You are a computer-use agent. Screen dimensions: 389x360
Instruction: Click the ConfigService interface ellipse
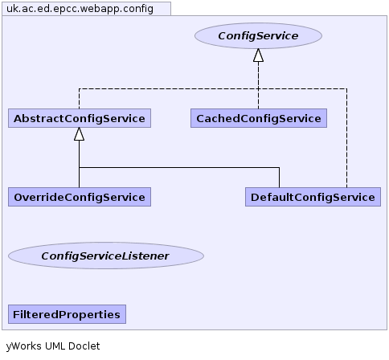pyautogui.click(x=258, y=36)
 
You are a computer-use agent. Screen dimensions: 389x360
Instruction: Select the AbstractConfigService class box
pyautogui.click(x=80, y=118)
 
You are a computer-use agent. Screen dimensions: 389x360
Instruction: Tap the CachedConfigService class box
pyautogui.click(x=259, y=118)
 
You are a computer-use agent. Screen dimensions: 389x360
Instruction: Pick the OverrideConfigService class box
pyautogui.click(x=80, y=197)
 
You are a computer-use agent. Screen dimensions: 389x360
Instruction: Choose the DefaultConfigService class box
pyautogui.click(x=313, y=197)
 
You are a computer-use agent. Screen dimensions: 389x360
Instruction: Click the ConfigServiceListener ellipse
pyautogui.click(x=106, y=256)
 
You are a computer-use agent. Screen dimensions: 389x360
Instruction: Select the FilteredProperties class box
pyautogui.click(x=67, y=314)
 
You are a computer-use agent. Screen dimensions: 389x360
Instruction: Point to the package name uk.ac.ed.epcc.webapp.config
pyautogui.click(x=80, y=9)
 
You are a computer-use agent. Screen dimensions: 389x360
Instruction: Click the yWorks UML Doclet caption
pyautogui.click(x=53, y=346)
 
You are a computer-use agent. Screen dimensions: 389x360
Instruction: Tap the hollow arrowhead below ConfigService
pyautogui.click(x=258, y=55)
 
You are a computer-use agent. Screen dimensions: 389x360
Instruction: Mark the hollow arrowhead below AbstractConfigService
pyautogui.click(x=79, y=134)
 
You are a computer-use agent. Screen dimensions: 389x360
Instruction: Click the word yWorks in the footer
pyautogui.click(x=24, y=346)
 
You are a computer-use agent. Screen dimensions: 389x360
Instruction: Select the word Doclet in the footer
pyautogui.click(x=84, y=346)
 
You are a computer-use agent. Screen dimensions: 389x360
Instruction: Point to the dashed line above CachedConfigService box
pyautogui.click(x=258, y=85)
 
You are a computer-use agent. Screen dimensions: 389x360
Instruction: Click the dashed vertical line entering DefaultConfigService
pyautogui.click(x=346, y=138)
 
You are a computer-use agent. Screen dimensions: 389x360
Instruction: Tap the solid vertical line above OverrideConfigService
pyautogui.click(x=79, y=164)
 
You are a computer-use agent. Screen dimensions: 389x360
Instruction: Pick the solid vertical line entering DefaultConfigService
pyautogui.click(x=279, y=178)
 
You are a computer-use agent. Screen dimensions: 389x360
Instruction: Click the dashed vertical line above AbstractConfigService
pyautogui.click(x=79, y=99)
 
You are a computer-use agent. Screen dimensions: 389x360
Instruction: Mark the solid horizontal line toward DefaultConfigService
pyautogui.click(x=179, y=168)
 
